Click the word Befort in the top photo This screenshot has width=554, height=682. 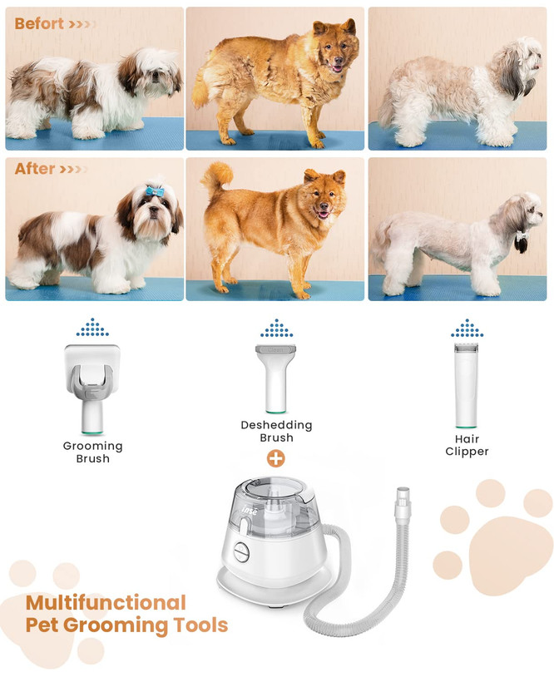click(x=39, y=23)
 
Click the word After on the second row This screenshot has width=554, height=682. click(x=35, y=168)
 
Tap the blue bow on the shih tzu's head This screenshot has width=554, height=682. click(x=155, y=190)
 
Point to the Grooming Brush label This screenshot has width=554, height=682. click(x=92, y=452)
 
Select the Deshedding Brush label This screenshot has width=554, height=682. click(x=276, y=431)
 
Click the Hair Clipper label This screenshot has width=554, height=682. click(x=467, y=445)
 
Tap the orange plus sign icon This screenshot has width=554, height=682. click(x=276, y=458)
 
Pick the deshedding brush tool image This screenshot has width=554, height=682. click(x=275, y=378)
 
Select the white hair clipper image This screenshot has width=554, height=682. click(x=466, y=385)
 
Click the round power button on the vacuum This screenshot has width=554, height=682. click(x=240, y=552)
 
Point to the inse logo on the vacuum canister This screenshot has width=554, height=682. click(x=250, y=509)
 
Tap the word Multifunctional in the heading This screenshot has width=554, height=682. click(x=106, y=603)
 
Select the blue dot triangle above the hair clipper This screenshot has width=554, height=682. click(x=467, y=328)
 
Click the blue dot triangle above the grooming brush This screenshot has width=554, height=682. click(x=92, y=327)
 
